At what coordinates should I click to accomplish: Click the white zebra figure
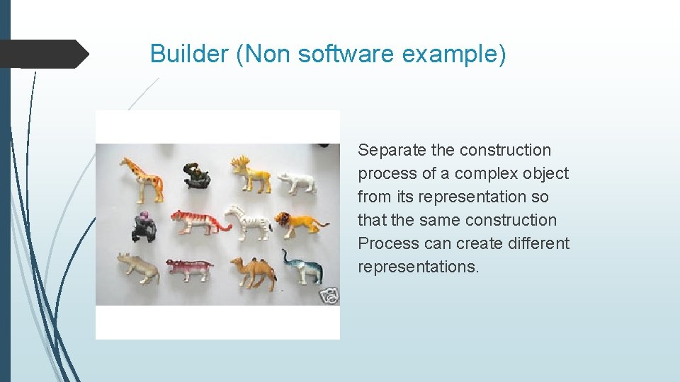point(247,221)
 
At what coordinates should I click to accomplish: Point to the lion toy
point(299,222)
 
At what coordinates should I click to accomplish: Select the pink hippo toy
point(189,269)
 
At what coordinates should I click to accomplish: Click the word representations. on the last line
point(418,267)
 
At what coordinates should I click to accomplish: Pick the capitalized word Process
point(388,243)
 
